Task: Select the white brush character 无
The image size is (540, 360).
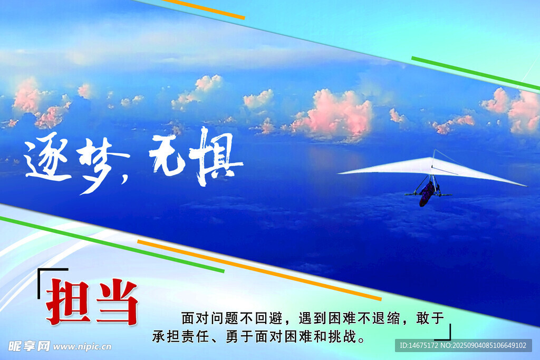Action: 167,155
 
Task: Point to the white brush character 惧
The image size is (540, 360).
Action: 215,157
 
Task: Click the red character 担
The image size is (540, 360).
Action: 69,301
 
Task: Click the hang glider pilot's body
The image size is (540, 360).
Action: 427,194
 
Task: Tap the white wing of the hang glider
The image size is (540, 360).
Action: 432,169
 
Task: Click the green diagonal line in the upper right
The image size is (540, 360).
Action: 476,74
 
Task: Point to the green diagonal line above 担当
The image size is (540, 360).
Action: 112,245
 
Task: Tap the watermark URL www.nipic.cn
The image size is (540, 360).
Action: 82,346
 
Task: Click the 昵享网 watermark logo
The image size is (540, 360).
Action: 29,346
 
